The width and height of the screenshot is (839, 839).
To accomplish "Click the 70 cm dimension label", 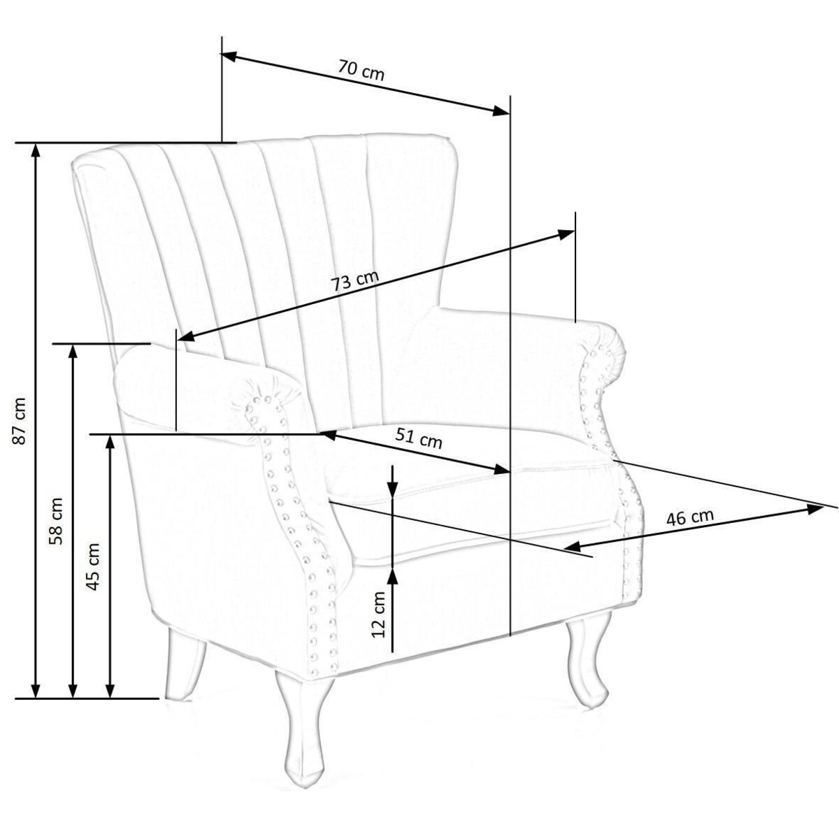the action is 361,71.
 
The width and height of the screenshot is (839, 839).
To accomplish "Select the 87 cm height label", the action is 20,421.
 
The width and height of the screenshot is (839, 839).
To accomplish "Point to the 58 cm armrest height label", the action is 56,521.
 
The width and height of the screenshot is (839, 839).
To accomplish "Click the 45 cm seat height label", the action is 94,566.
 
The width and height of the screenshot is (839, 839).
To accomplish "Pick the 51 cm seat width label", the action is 418,438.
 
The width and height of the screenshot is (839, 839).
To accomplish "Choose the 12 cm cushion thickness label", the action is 378,615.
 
